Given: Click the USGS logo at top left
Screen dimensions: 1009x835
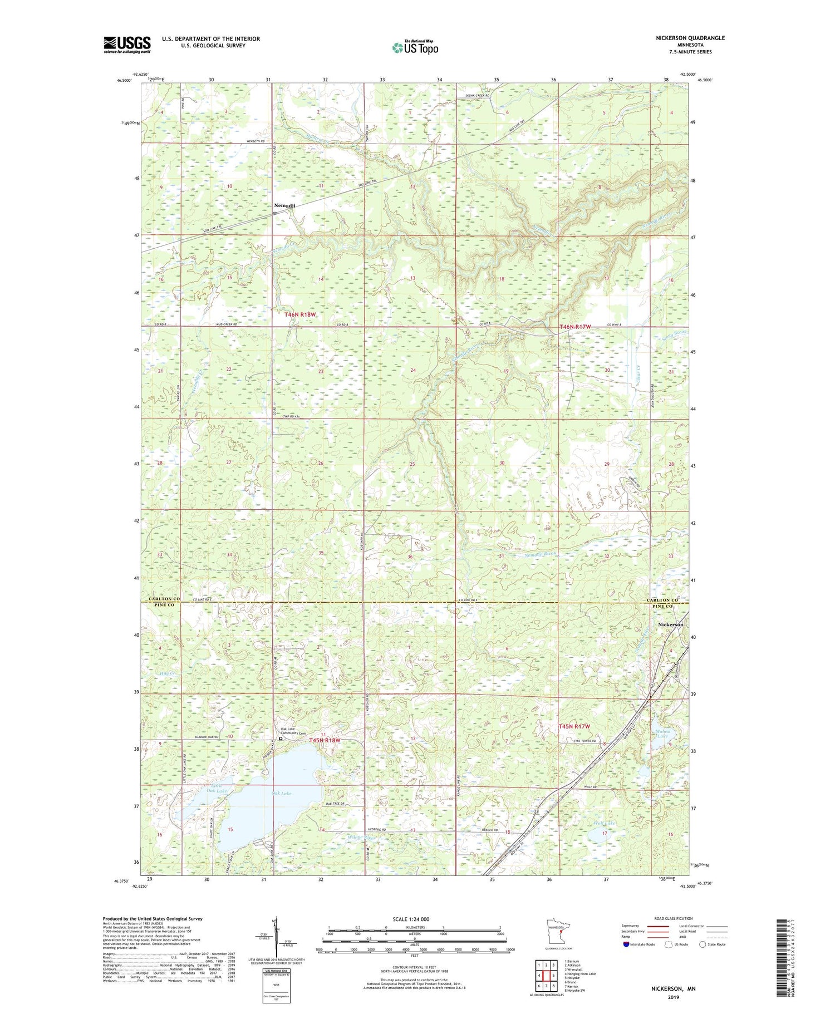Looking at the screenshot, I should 127,45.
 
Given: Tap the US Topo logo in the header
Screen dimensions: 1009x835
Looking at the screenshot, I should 415,48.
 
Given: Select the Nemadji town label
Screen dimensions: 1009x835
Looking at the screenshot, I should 284,205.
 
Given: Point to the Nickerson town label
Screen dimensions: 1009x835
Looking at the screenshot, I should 670,624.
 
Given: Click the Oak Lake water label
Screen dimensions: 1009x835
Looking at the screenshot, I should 281,793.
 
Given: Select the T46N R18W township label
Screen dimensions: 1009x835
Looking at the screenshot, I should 300,314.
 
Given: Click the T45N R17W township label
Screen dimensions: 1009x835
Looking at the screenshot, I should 574,726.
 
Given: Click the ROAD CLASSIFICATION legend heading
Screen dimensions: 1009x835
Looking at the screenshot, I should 673,918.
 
